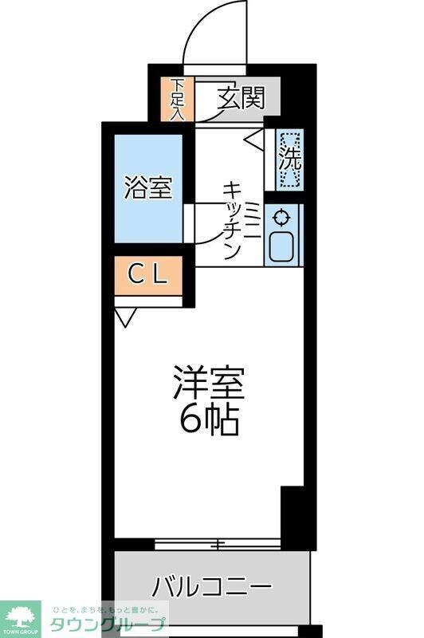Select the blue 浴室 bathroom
(147, 188)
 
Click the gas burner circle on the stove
(281, 216)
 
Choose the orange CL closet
(148, 276)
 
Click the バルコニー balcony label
(212, 589)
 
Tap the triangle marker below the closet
(124, 318)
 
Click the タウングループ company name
(109, 624)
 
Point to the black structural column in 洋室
(292, 511)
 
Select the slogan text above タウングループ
(109, 606)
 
